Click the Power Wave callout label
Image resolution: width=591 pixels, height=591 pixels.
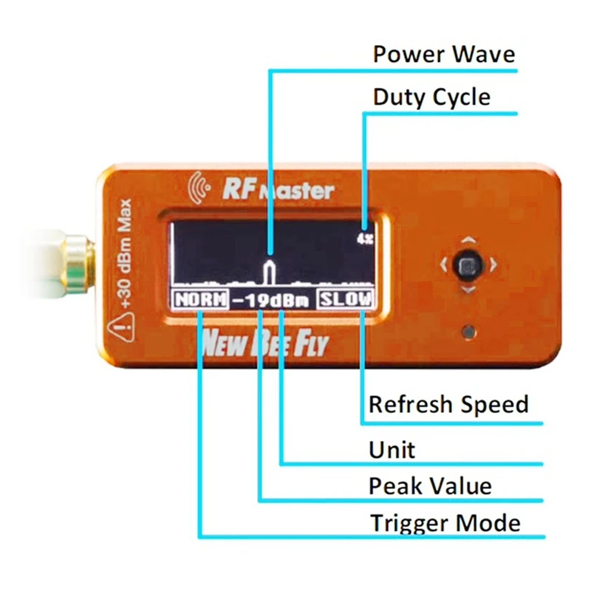click(x=443, y=55)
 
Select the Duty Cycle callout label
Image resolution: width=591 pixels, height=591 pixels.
click(x=431, y=98)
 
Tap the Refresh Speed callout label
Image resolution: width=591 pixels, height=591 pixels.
click(x=448, y=405)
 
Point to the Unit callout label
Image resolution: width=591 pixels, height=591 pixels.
click(x=392, y=449)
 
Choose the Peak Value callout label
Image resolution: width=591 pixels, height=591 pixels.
click(x=430, y=486)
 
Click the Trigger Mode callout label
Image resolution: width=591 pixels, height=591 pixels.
click(x=445, y=523)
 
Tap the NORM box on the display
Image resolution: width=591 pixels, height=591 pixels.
click(x=199, y=301)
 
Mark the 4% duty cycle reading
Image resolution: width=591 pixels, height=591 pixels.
click(x=364, y=239)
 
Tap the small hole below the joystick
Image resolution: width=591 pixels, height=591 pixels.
click(x=467, y=332)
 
